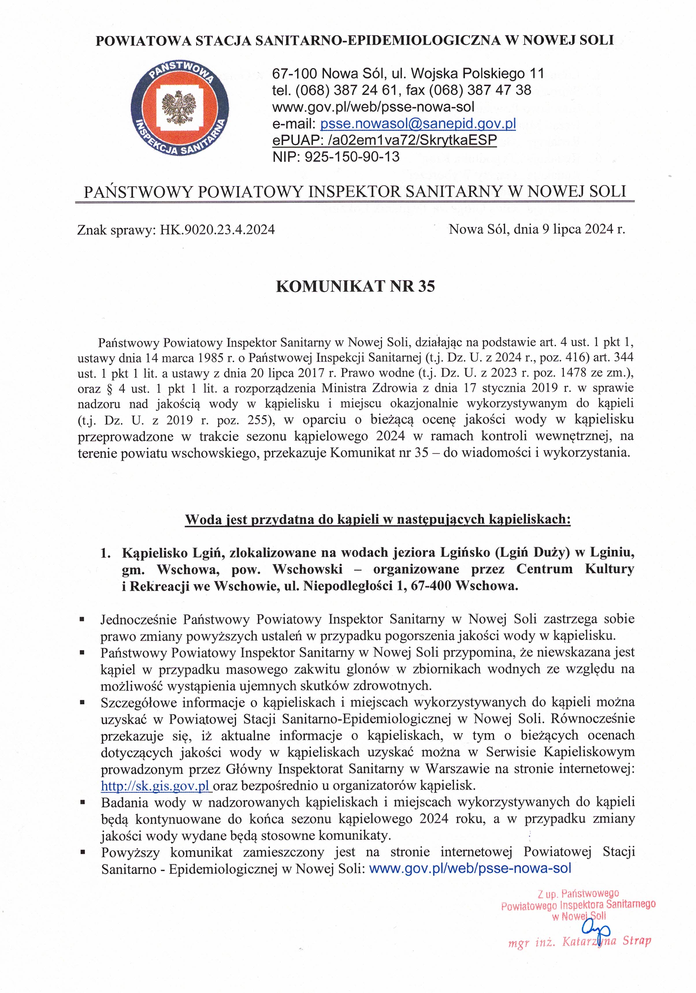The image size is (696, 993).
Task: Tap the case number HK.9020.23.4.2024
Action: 217,229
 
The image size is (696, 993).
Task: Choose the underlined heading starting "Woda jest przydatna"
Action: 378,519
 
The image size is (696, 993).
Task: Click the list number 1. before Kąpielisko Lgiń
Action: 105,553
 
